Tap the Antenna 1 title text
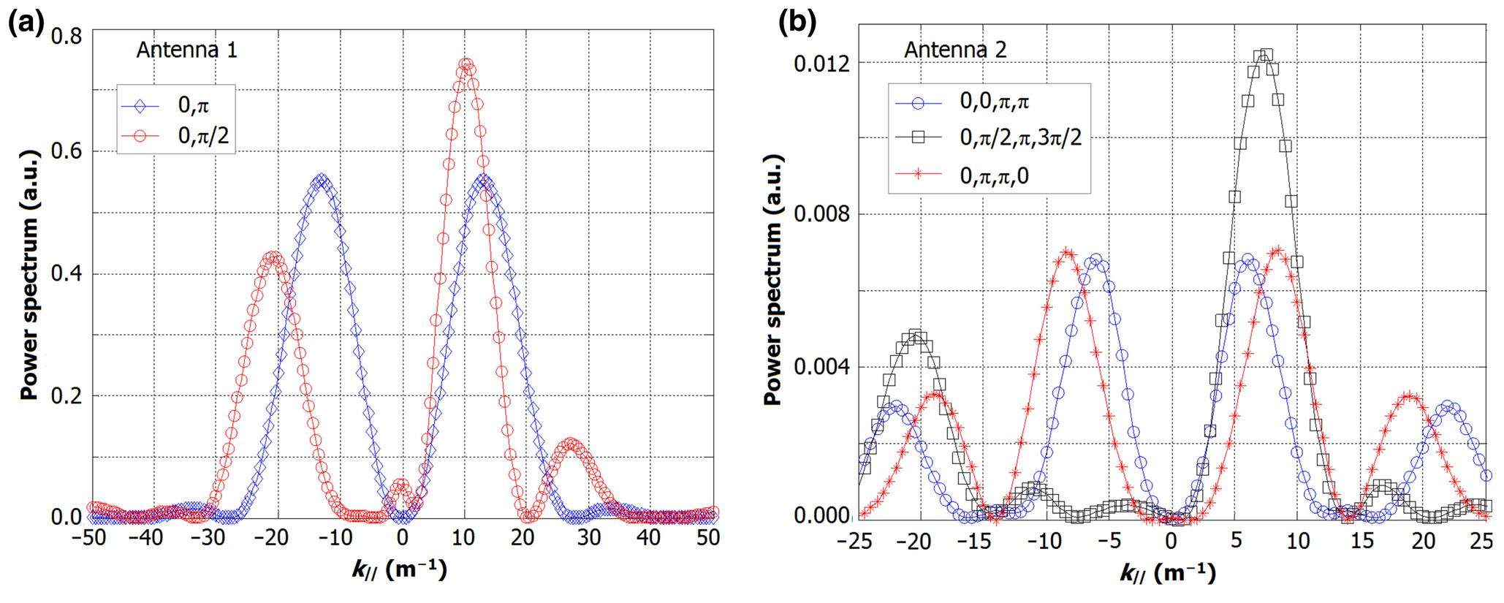pyautogui.click(x=187, y=50)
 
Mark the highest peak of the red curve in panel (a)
pyautogui.click(x=466, y=64)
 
